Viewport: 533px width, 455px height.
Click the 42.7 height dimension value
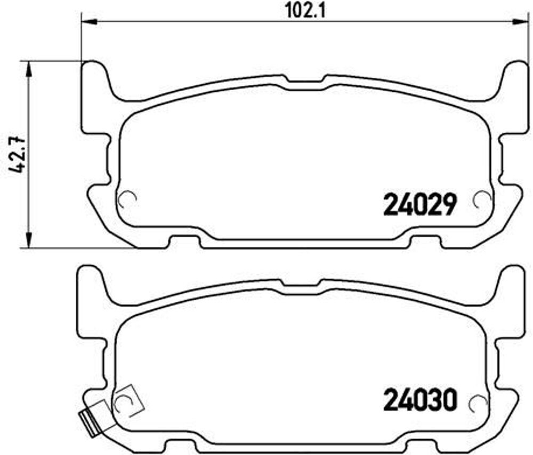(17, 155)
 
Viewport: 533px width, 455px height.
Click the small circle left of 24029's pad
(127, 200)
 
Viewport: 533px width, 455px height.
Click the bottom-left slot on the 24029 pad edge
(184, 242)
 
